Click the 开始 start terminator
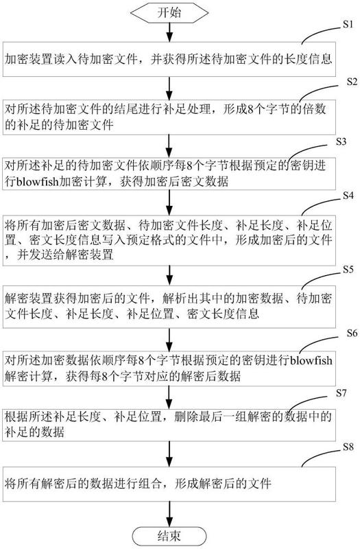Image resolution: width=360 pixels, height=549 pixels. [x=169, y=12]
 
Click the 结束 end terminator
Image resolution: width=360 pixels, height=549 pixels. [x=169, y=536]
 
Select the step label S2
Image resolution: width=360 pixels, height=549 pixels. [x=352, y=82]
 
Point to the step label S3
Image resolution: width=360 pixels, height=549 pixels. [x=341, y=141]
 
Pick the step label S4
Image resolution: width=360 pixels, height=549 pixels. [x=348, y=196]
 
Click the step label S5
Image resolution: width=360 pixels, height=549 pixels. [x=348, y=269]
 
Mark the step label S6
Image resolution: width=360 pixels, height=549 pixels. [x=352, y=333]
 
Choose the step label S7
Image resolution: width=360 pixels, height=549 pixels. [x=341, y=393]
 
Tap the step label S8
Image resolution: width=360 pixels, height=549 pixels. [x=348, y=447]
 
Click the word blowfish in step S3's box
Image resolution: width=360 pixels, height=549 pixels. [x=36, y=181]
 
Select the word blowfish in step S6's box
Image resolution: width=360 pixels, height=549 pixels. [x=311, y=360]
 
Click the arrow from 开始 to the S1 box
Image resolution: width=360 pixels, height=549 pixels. [x=169, y=32]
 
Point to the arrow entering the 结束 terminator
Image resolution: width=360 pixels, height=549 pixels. [x=169, y=514]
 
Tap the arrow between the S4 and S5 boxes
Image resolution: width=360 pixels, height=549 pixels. [x=169, y=275]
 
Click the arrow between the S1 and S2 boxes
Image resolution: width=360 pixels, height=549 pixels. [x=169, y=88]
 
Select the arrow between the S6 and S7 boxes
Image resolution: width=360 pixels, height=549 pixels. [x=169, y=397]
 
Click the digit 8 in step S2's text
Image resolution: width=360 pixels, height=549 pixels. [x=250, y=110]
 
